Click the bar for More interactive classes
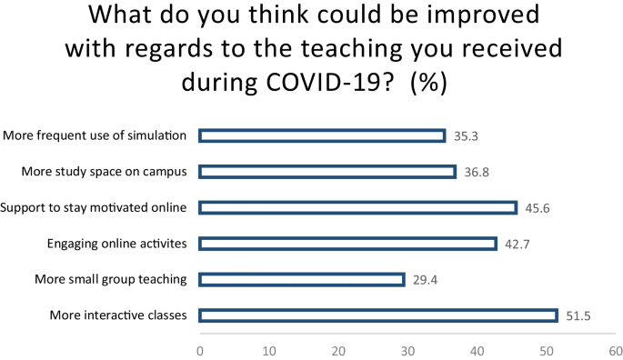click(377, 315)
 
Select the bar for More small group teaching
click(301, 279)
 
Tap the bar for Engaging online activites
click(347, 244)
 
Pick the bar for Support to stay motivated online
click(357, 207)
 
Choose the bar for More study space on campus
click(327, 171)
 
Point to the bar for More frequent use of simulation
click(322, 135)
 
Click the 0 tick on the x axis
click(199, 349)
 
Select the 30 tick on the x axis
click(407, 349)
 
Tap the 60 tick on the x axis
click(615, 349)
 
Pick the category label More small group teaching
click(110, 279)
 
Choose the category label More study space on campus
click(104, 171)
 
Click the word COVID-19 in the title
click(332, 80)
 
